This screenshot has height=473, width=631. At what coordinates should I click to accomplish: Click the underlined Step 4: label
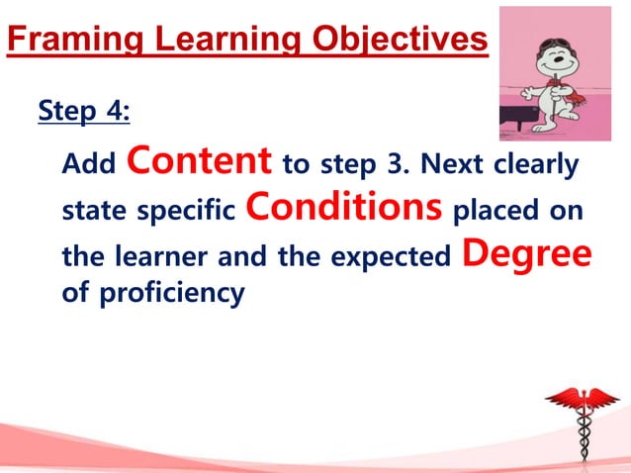click(83, 112)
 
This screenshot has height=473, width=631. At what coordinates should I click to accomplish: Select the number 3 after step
click(404, 164)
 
